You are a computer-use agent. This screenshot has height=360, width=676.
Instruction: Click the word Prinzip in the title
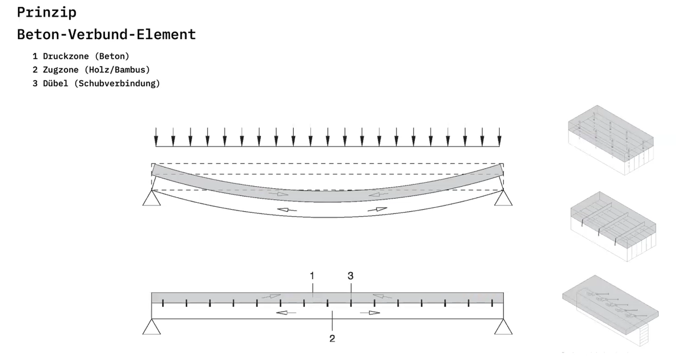click(x=47, y=13)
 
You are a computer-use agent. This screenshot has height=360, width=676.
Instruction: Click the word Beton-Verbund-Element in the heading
click(x=106, y=34)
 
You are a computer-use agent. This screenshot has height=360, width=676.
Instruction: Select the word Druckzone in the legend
click(x=66, y=57)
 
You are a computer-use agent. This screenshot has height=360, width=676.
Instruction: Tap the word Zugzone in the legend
click(x=60, y=70)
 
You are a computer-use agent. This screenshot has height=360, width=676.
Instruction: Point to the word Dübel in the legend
click(x=56, y=83)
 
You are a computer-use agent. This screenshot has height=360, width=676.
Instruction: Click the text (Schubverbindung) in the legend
click(x=117, y=84)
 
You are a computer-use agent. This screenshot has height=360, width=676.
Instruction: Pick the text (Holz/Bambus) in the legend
click(x=117, y=70)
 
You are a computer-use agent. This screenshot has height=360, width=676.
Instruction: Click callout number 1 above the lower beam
click(x=312, y=275)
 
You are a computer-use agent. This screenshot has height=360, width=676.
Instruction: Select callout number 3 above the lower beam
click(x=350, y=275)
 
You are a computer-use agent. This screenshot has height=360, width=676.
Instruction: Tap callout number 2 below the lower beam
click(x=332, y=338)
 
